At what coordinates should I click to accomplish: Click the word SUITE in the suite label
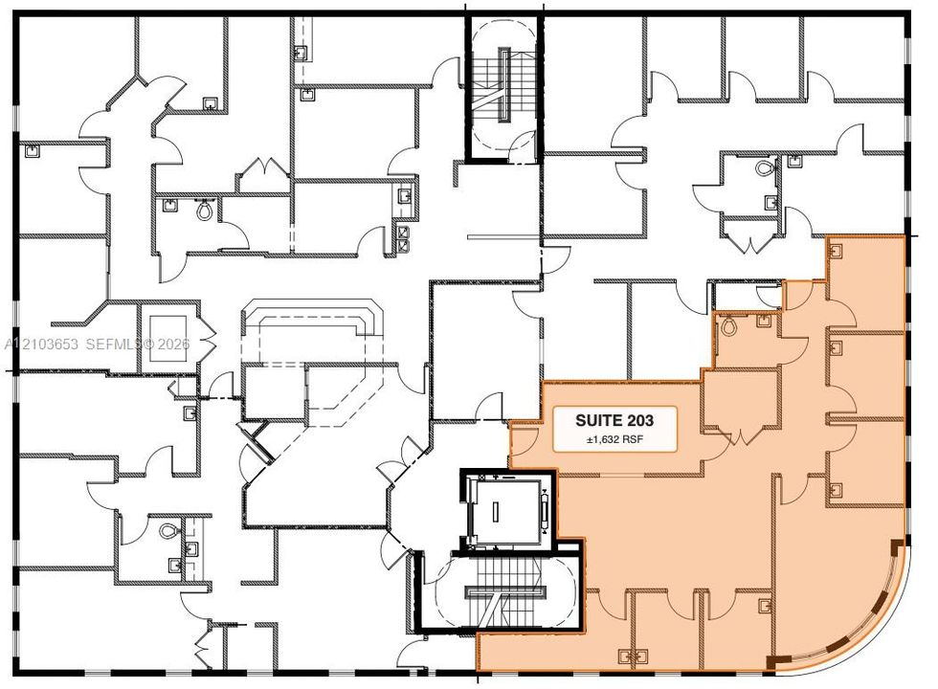click(x=594, y=420)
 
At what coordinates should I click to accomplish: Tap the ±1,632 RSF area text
click(x=614, y=439)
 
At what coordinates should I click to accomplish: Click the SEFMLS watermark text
click(x=114, y=344)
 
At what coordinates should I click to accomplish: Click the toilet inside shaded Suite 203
click(x=728, y=325)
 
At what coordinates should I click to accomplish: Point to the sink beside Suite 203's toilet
click(x=763, y=320)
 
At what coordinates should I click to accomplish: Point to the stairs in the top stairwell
click(x=502, y=85)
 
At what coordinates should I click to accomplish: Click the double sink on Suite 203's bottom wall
click(x=633, y=656)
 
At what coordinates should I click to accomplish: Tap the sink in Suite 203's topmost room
click(x=835, y=251)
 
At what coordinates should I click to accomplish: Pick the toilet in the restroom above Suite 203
click(x=765, y=167)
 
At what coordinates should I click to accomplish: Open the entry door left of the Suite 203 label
click(x=525, y=436)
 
